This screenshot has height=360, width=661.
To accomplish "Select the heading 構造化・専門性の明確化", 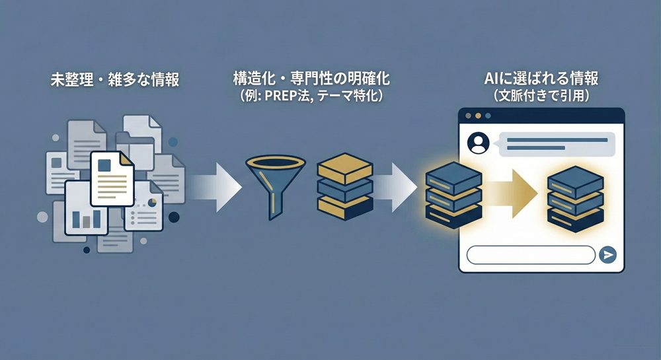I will (x=311, y=79).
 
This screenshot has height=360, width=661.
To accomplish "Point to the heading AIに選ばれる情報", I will (x=541, y=79).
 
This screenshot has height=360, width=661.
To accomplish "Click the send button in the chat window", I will (x=607, y=255).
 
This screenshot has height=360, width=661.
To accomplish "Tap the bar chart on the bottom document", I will (x=87, y=218).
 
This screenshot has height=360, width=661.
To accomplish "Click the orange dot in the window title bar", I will (x=479, y=115).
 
